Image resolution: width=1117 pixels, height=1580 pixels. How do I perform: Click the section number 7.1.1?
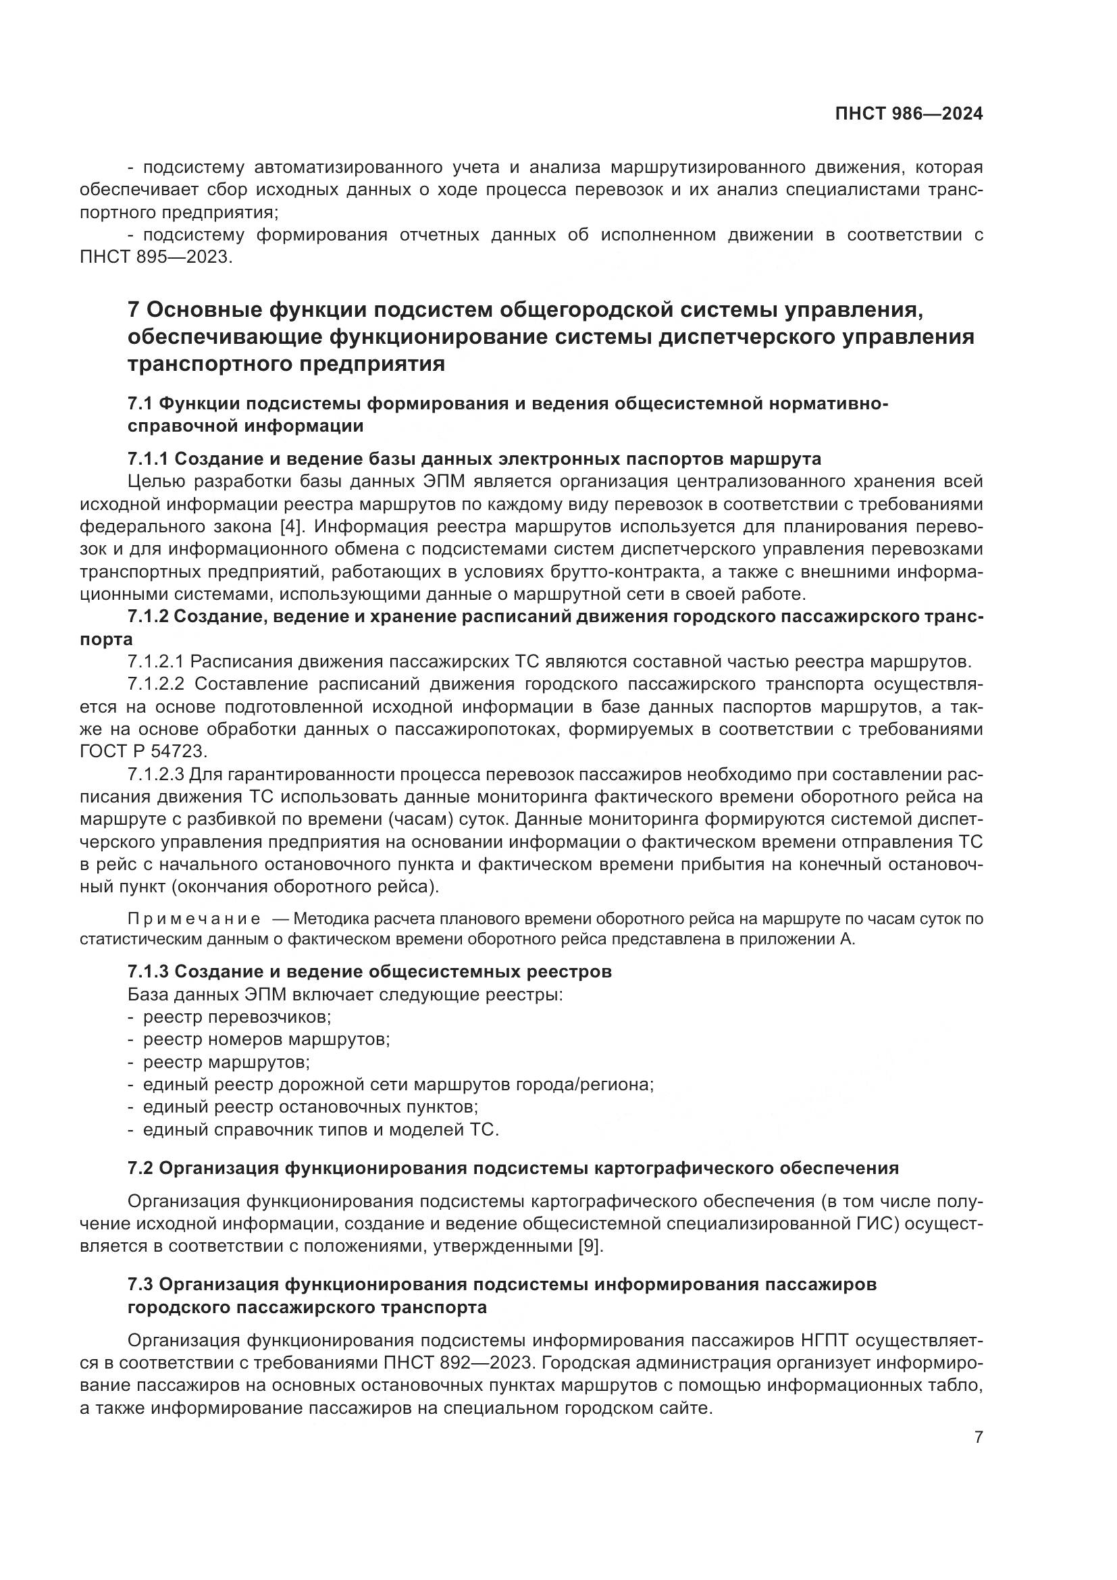pos(147,459)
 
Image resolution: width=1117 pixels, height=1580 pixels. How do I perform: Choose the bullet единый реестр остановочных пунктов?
pos(310,1107)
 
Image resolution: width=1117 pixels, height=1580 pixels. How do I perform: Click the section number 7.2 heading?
pos(140,1168)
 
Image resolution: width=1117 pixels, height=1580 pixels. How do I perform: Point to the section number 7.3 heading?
pos(140,1285)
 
